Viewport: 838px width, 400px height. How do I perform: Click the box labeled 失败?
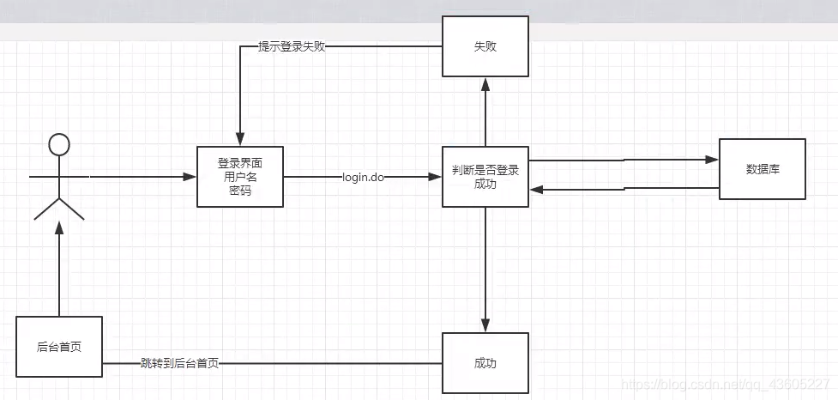(485, 46)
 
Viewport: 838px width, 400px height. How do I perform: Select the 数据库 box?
(762, 169)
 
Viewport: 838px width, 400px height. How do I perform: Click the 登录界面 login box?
(240, 177)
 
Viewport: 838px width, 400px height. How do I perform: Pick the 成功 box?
(485, 363)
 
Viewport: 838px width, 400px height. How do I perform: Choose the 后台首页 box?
(59, 348)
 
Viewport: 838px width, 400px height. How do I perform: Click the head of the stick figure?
(58, 144)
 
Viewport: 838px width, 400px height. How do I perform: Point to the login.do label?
(363, 178)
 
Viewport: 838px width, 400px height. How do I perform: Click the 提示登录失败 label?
(292, 46)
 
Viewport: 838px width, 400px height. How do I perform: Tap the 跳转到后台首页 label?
(179, 364)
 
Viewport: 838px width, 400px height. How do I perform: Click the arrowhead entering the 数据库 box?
(710, 160)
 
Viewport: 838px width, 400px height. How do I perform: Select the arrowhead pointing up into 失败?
(485, 83)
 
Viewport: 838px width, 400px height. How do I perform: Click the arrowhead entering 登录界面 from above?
(240, 140)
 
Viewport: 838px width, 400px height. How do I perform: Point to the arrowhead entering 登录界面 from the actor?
(190, 178)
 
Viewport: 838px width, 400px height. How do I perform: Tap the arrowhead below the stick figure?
(59, 226)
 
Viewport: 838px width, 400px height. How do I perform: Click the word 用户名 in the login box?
(240, 177)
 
